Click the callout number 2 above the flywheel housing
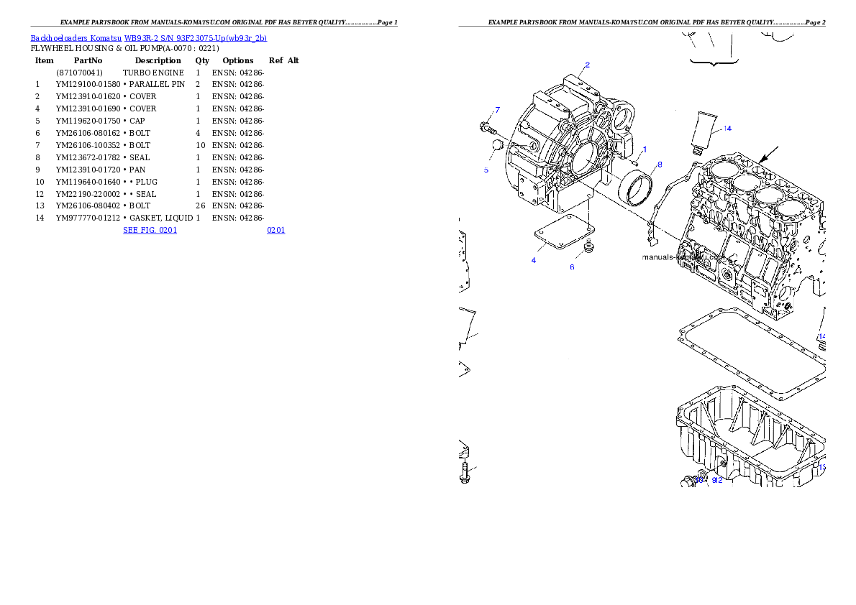tap(587, 65)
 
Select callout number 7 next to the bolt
tap(497, 110)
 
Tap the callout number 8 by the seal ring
tap(659, 165)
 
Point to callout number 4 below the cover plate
tap(533, 260)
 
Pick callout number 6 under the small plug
tap(573, 267)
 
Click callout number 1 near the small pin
tap(645, 149)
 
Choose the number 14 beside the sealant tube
tap(727, 129)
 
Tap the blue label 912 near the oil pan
tap(716, 480)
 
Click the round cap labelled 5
tap(495, 148)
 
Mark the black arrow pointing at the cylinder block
tap(769, 153)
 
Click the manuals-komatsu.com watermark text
tap(683, 257)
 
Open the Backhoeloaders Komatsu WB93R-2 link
tap(148, 37)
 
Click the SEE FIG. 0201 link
tap(150, 230)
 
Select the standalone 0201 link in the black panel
tap(276, 230)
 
